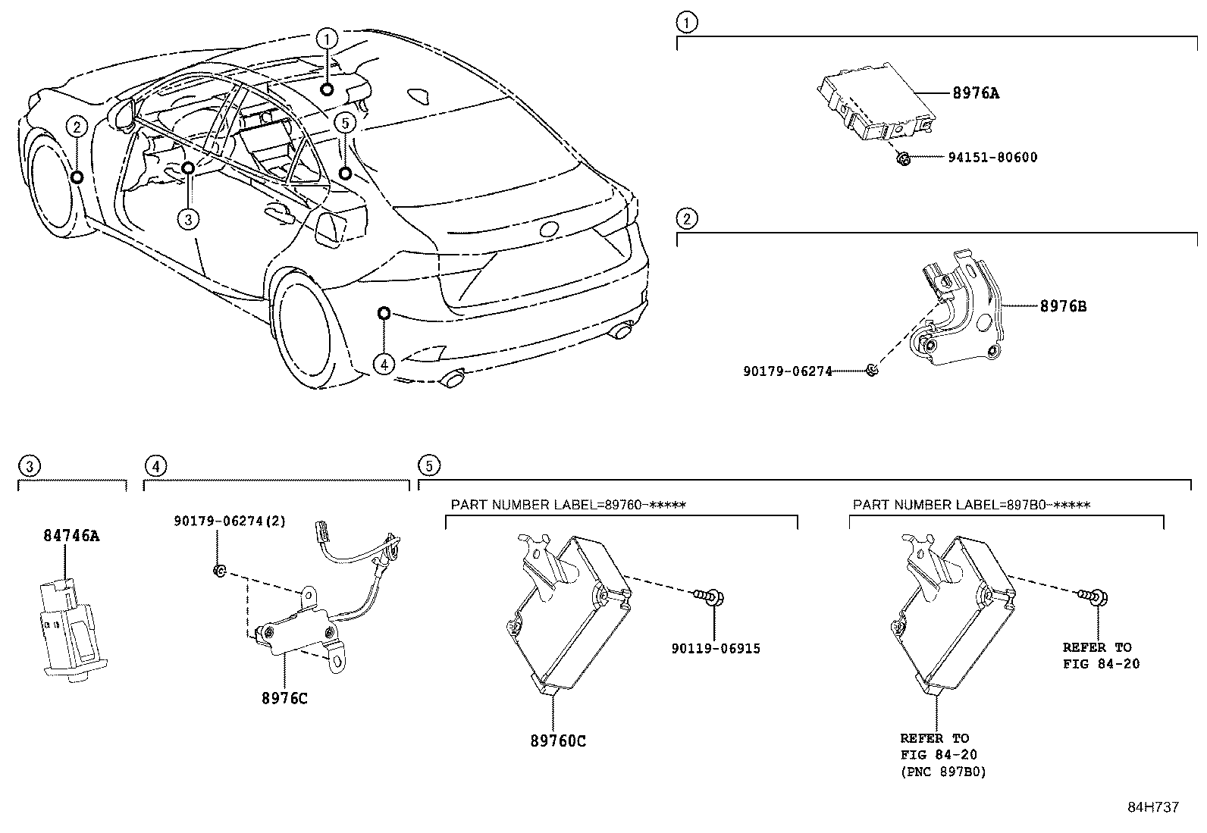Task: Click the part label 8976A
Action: [976, 93]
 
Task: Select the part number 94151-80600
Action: [992, 158]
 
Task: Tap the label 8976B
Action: [1063, 306]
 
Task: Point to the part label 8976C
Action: [284, 698]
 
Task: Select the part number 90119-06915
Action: [716, 648]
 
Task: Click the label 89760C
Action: [558, 741]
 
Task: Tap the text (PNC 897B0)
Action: [943, 772]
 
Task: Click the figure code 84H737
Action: [1153, 807]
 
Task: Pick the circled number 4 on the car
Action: [384, 365]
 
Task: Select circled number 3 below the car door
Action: [188, 219]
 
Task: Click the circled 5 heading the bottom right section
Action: [428, 465]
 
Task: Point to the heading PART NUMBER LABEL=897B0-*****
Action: [971, 505]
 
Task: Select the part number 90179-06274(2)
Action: [230, 521]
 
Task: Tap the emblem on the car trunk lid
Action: [547, 230]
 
